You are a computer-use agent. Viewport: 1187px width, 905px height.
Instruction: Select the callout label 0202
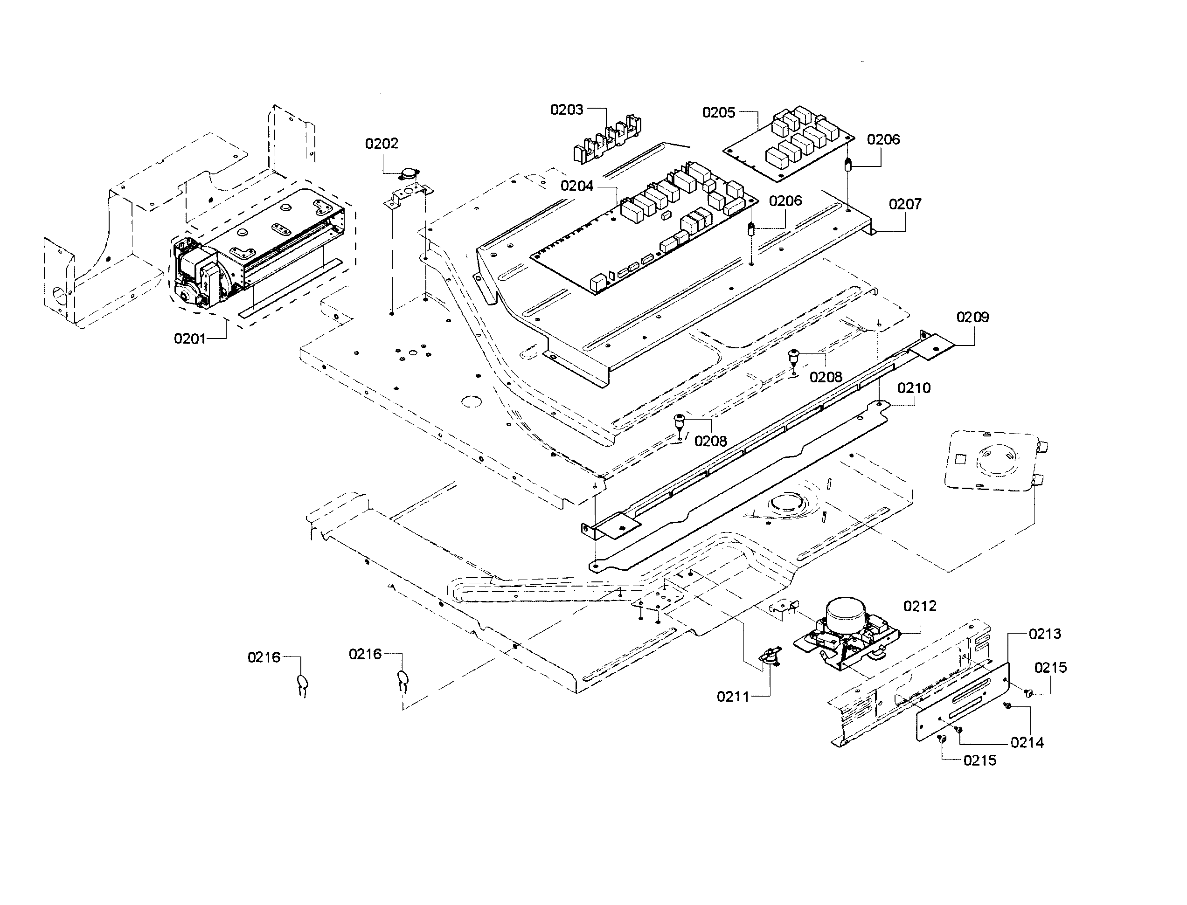point(382,144)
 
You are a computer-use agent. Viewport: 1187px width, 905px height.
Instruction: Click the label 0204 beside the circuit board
point(576,186)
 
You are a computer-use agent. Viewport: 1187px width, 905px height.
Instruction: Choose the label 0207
point(905,204)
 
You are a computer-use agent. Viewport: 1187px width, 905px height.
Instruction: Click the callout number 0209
point(972,318)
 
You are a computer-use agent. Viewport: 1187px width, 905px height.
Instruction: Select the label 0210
point(914,388)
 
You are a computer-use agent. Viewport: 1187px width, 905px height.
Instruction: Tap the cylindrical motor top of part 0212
point(847,611)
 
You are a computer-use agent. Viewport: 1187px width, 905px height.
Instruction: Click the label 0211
point(733,697)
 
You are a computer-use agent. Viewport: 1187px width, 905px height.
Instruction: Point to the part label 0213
point(1045,634)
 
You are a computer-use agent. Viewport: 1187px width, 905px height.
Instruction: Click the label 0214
point(1027,743)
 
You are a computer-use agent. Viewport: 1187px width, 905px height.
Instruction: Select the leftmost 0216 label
point(264,657)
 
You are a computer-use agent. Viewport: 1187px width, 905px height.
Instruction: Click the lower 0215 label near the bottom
point(979,760)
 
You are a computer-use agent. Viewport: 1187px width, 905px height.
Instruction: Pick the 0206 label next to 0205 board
point(883,139)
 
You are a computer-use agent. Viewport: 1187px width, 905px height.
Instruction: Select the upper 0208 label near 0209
point(826,377)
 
